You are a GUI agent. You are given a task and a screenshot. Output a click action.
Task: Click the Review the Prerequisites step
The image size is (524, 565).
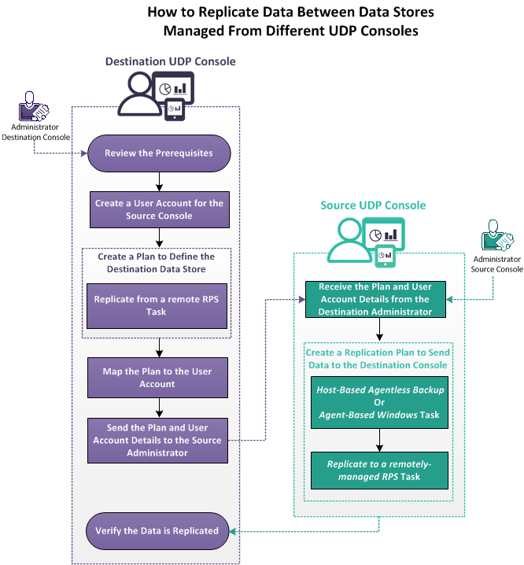tap(159, 153)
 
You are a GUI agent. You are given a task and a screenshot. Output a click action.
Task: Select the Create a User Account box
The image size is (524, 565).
tap(159, 209)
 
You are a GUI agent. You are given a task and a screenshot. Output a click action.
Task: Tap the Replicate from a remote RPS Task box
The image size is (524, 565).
tap(159, 305)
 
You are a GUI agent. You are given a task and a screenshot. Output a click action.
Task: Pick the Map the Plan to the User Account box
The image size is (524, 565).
tap(159, 377)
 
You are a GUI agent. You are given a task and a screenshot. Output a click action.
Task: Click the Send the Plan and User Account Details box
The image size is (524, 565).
tap(159, 440)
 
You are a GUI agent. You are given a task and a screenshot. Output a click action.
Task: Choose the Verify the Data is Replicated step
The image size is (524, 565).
tap(159, 530)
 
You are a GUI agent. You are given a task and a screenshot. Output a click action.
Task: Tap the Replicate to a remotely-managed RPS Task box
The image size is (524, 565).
tap(379, 470)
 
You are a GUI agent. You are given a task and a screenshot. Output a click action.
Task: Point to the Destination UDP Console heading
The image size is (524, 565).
tap(170, 61)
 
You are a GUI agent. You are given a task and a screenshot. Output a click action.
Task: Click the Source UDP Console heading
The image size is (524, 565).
tap(373, 205)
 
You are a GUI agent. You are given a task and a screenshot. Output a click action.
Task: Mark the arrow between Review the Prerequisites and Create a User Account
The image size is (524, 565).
tap(159, 180)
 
